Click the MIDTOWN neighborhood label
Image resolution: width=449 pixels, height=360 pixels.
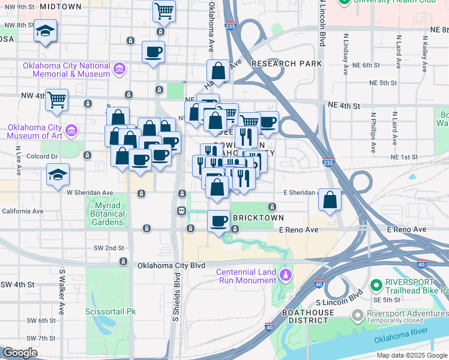pyautogui.click(x=61, y=7)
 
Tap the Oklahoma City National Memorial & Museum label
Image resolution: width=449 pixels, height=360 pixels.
pyautogui.click(x=66, y=70)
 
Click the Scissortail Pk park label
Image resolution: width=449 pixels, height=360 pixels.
pyautogui.click(x=110, y=311)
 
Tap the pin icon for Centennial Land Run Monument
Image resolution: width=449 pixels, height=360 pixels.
pyautogui.click(x=286, y=275)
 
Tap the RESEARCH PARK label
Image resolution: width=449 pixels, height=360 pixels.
pyautogui.click(x=287, y=64)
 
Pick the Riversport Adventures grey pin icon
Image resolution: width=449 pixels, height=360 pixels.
pyautogui.click(x=357, y=314)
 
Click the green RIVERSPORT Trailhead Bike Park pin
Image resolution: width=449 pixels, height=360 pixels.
pyautogui.click(x=376, y=285)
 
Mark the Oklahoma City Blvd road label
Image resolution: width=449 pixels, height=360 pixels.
pyautogui.click(x=171, y=265)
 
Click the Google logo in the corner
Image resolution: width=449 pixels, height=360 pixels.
pyautogui.click(x=20, y=353)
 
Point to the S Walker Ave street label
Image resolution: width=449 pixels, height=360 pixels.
pyautogui.click(x=61, y=292)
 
